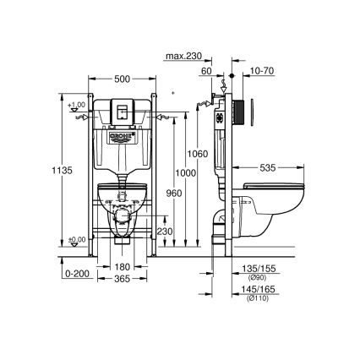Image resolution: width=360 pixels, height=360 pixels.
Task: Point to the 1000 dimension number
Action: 182,172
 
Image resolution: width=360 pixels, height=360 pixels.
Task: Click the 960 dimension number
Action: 167,193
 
